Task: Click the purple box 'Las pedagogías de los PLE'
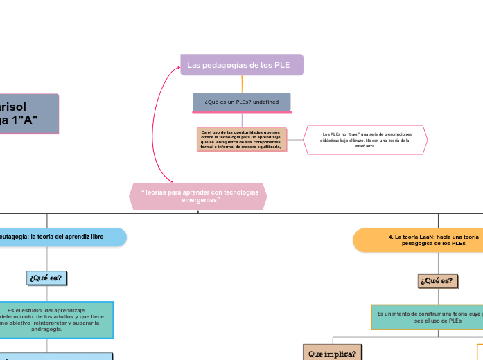[x=241, y=65]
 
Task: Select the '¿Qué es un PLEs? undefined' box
[x=241, y=102]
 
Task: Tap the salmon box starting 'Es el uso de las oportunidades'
[x=241, y=139]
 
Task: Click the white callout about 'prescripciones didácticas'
[x=365, y=140]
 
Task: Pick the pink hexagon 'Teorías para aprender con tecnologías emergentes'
[x=198, y=196]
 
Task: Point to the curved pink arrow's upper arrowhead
[x=177, y=68]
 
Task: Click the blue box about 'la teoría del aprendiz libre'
[x=62, y=237]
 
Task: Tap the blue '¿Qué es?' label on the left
[x=46, y=278]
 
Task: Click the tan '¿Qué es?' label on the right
[x=438, y=280]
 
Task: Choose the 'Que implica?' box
[x=333, y=352]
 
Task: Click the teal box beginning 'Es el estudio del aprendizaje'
[x=55, y=319]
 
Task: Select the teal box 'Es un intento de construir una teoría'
[x=427, y=317]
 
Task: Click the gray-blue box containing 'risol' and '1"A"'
[x=28, y=114]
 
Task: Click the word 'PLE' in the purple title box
[x=282, y=65]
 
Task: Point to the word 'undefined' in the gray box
[x=266, y=102]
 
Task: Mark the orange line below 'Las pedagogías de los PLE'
[x=242, y=84]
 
